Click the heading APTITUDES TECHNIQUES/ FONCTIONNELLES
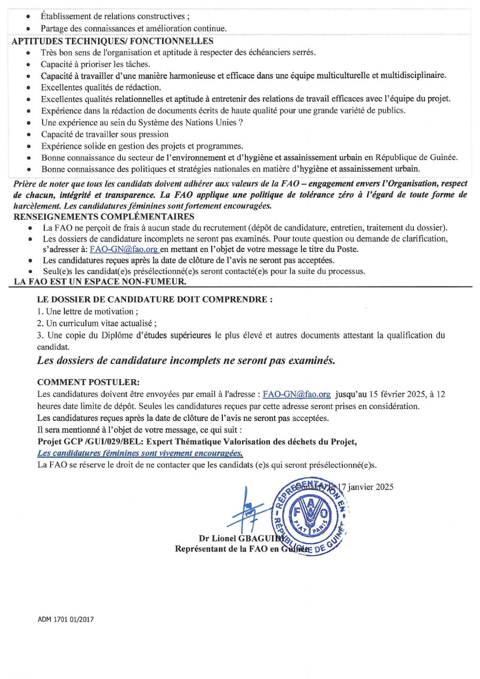click(113, 41)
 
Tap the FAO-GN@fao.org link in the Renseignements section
click(124, 249)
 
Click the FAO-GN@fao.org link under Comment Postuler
click(297, 394)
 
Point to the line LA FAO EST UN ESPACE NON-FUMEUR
click(99, 281)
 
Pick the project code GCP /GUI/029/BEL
click(102, 442)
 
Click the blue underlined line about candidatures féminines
click(140, 453)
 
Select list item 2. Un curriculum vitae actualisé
click(97, 323)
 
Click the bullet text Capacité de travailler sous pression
click(105, 134)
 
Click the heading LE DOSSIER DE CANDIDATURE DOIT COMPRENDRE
click(155, 300)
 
